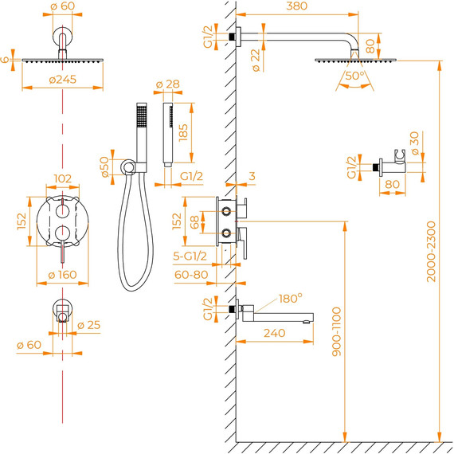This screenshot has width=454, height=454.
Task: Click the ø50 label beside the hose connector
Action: point(104,166)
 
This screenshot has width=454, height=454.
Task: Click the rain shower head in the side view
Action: point(353,59)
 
